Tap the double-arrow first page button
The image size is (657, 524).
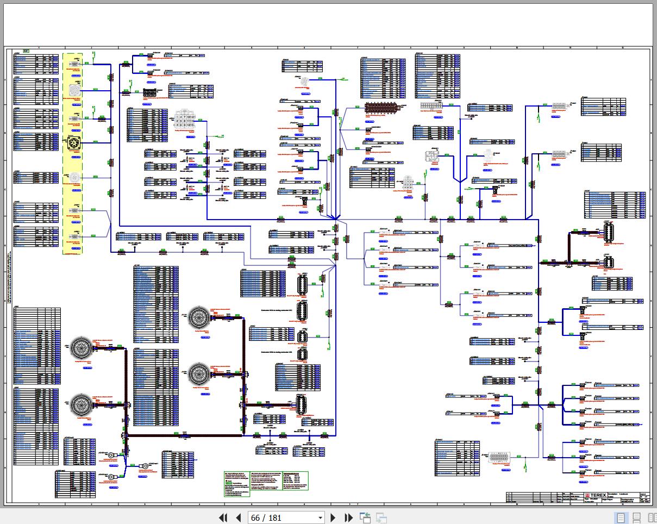click(223, 517)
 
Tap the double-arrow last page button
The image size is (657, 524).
click(347, 517)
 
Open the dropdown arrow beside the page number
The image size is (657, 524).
click(320, 517)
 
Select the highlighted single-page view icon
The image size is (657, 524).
click(620, 517)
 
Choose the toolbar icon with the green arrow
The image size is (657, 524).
click(365, 517)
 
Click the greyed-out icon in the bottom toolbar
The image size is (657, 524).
click(381, 517)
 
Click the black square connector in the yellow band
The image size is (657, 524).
click(73, 143)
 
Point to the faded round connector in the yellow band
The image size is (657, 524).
click(73, 177)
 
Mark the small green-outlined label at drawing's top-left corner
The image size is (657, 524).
click(26, 51)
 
